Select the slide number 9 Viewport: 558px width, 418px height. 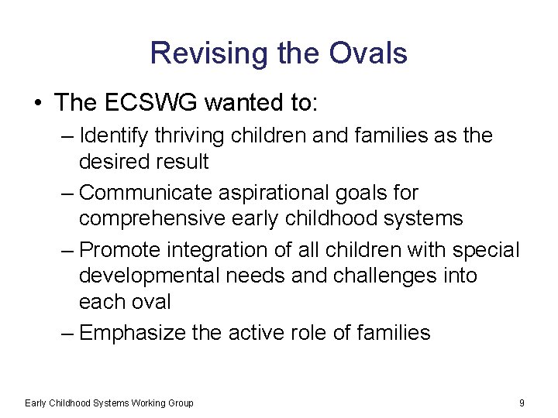(522, 403)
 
